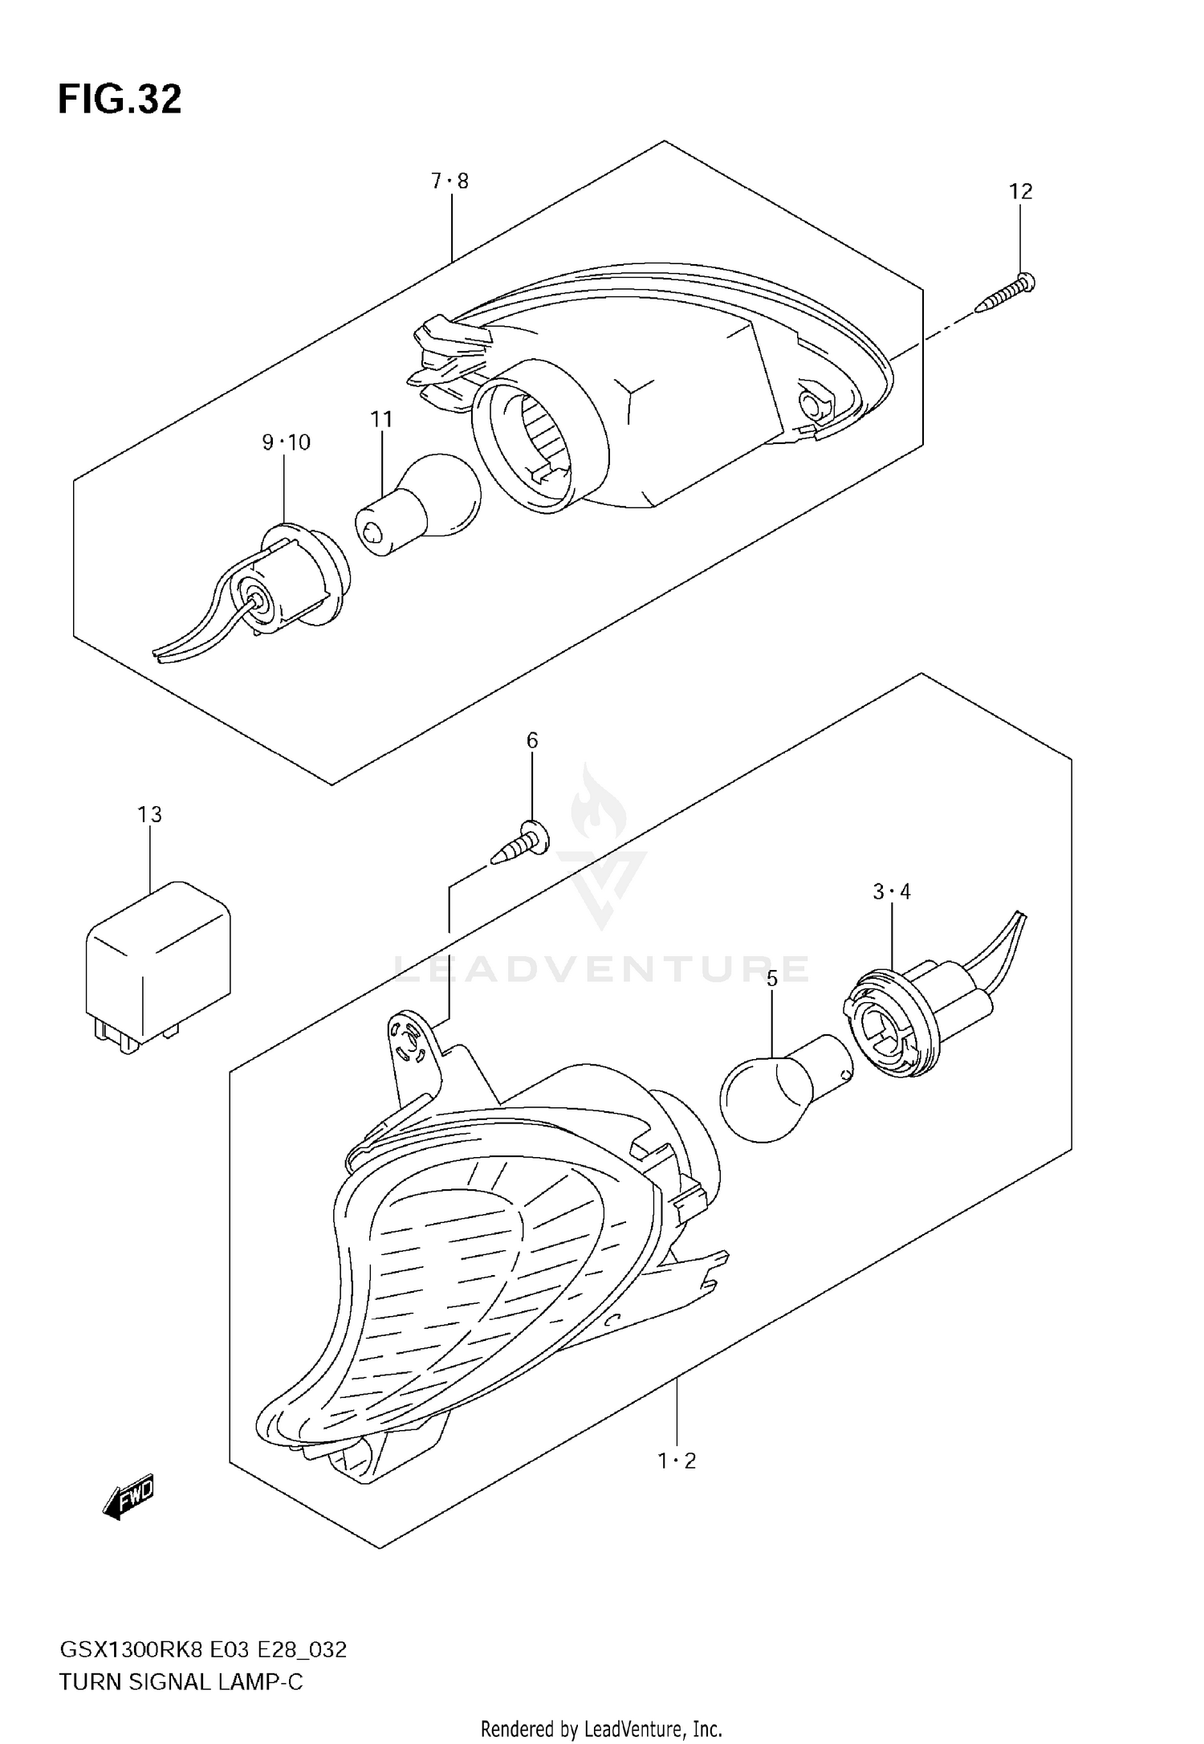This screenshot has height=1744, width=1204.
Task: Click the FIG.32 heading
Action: point(120,100)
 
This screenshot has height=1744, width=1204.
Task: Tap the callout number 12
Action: point(1020,191)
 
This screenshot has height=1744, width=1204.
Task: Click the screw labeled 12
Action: point(1005,294)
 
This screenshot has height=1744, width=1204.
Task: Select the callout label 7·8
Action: point(449,181)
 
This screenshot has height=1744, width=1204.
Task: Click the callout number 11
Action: point(381,419)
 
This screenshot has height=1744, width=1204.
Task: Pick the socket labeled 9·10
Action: point(289,578)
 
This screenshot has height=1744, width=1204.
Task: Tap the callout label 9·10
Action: point(286,442)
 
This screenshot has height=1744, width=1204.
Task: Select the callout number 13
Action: point(149,814)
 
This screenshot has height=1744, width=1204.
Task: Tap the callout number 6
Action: point(532,740)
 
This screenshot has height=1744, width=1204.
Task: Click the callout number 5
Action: point(772,979)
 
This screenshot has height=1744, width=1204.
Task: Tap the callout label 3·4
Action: point(892,891)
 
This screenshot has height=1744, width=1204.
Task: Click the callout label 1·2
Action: point(677,1461)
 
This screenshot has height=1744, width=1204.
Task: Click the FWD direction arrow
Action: point(128,1497)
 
